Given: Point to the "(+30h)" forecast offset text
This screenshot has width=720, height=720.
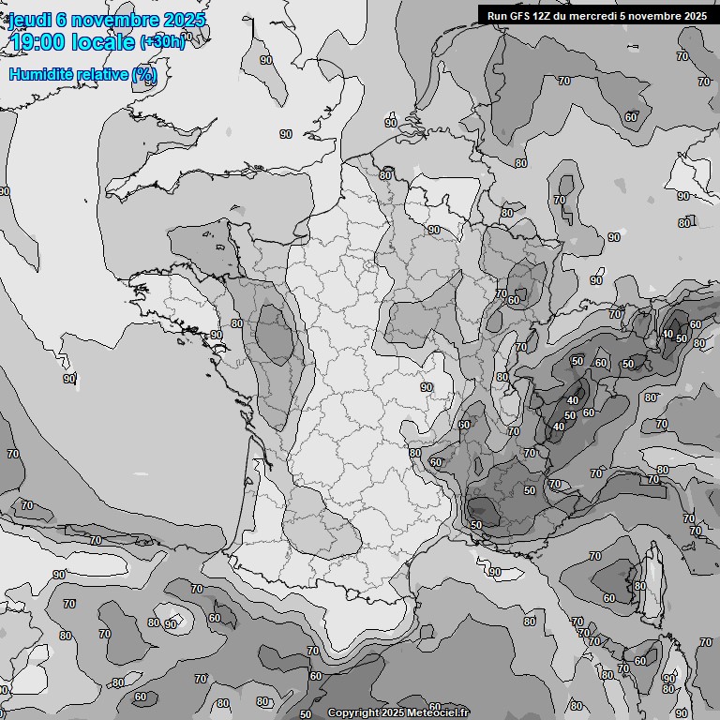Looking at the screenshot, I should pyautogui.click(x=161, y=42).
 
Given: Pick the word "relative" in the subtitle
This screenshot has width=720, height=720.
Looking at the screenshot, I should pyautogui.click(x=100, y=74).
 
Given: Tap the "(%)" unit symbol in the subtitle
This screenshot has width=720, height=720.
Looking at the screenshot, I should pyautogui.click(x=144, y=74).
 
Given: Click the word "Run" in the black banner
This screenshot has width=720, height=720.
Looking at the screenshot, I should pyautogui.click(x=496, y=15).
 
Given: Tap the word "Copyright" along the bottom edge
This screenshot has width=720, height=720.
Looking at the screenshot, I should pyautogui.click(x=352, y=712).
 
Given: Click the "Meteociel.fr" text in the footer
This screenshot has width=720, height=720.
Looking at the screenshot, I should pyautogui.click(x=438, y=712).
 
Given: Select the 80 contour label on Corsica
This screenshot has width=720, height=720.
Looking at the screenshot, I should pyautogui.click(x=640, y=586).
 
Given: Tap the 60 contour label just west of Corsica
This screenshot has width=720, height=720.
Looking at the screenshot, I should pyautogui.click(x=609, y=597).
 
